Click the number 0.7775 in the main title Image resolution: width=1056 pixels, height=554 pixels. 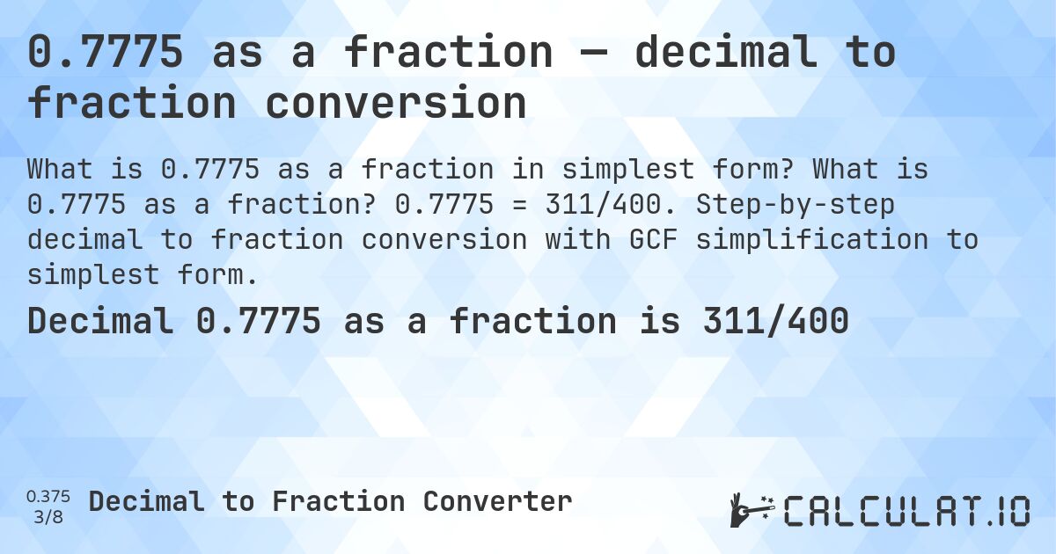click(x=106, y=52)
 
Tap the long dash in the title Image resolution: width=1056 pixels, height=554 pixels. click(x=593, y=52)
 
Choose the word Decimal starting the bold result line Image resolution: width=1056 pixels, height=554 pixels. click(x=99, y=321)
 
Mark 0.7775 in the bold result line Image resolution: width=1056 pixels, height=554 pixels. click(x=258, y=321)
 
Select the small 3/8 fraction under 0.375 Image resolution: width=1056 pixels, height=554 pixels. click(x=49, y=515)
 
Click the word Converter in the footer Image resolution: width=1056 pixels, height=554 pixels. click(x=497, y=501)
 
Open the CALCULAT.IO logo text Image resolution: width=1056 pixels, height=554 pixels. click(x=906, y=510)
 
